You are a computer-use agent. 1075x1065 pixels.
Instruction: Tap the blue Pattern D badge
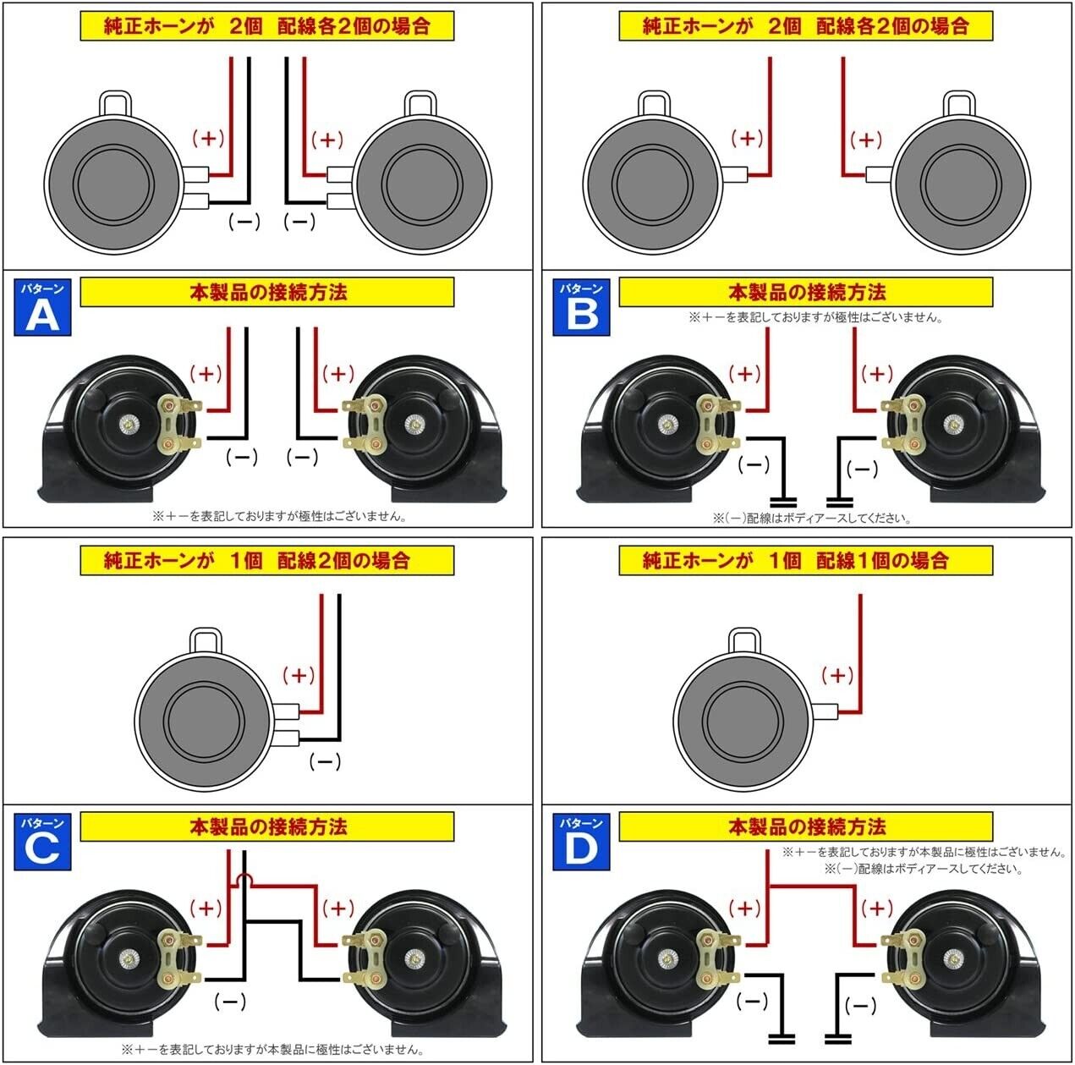(x=581, y=841)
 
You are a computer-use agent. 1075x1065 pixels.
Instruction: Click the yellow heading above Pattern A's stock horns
(x=266, y=25)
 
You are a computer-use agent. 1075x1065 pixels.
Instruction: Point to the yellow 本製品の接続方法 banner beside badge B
(x=805, y=293)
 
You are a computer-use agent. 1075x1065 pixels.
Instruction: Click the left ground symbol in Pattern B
(x=783, y=499)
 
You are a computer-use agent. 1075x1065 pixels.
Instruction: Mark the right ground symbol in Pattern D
(x=836, y=1035)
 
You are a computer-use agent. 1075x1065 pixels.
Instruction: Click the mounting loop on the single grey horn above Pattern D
(x=744, y=640)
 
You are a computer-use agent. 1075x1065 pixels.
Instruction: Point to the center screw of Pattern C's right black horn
(x=414, y=958)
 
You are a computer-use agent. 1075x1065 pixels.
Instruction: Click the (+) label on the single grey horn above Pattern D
(x=837, y=675)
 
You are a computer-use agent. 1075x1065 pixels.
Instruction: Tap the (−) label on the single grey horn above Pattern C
(x=325, y=761)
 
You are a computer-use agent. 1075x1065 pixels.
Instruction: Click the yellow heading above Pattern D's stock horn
(x=805, y=560)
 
